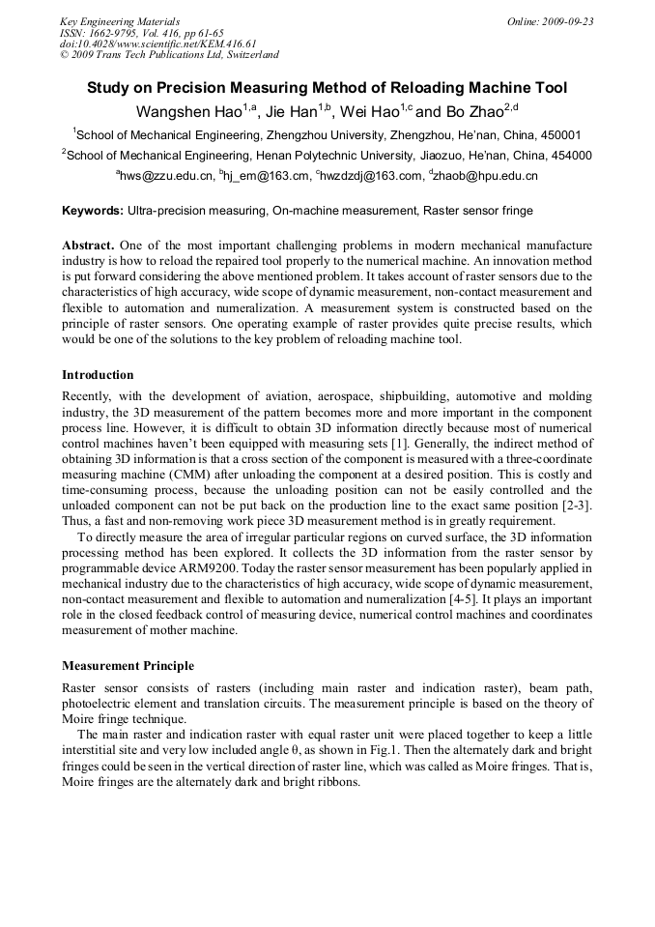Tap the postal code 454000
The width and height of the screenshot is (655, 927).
pyautogui.click(x=568, y=155)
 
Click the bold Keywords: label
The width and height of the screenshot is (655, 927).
pyautogui.click(x=93, y=210)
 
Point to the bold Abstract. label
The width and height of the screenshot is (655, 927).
pyautogui.click(x=89, y=246)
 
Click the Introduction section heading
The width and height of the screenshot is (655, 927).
pyautogui.click(x=98, y=374)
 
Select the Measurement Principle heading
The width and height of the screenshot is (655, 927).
pyautogui.click(x=128, y=666)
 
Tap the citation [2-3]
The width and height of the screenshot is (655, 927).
pyautogui.click(x=575, y=506)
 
